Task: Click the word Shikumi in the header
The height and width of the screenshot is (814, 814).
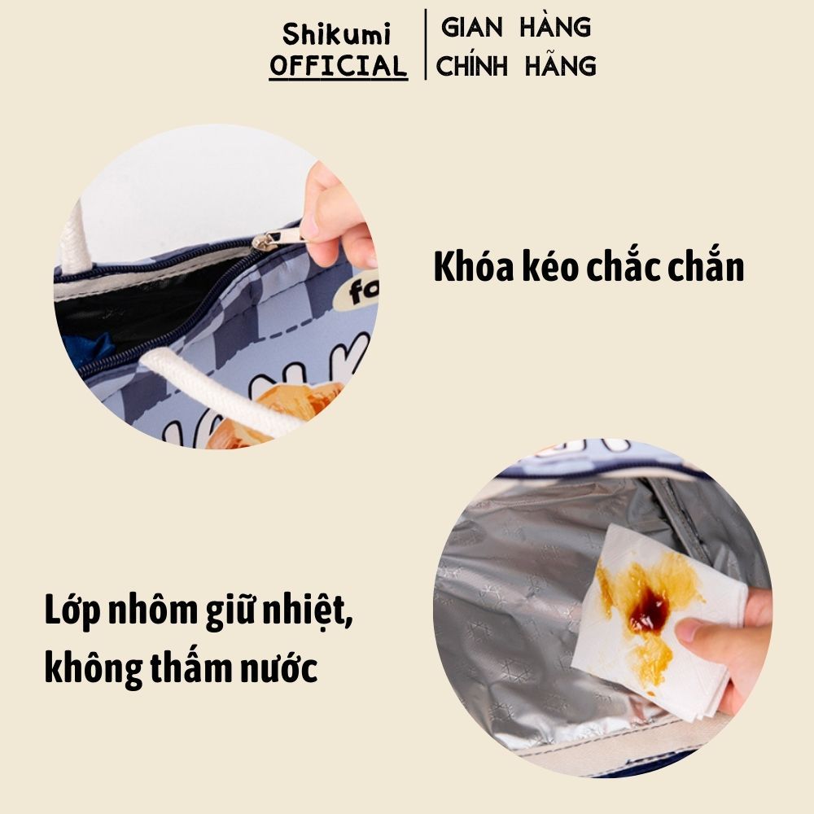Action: tap(336, 34)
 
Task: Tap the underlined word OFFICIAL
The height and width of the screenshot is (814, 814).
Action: tap(338, 66)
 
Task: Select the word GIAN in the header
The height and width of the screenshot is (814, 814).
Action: tap(471, 27)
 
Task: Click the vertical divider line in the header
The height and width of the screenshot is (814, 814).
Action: tap(426, 44)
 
